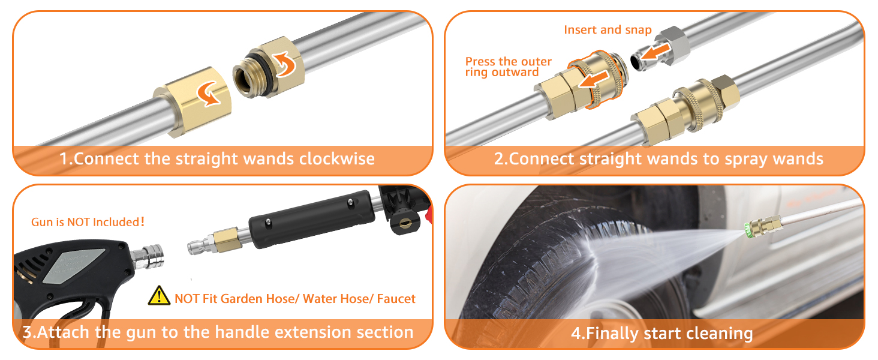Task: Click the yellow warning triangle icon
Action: coord(159,296)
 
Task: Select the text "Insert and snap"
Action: coord(608,30)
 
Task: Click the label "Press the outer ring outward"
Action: coord(508,67)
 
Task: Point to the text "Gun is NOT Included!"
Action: coord(88,222)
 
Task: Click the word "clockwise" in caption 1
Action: coord(336,159)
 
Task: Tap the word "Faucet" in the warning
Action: coord(396,299)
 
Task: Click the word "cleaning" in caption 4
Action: coord(719,334)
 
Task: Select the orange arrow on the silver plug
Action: coord(656,52)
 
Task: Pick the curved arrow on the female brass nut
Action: coord(208,94)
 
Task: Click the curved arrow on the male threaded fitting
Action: coord(285,64)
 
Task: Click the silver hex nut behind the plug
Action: coord(674,46)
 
